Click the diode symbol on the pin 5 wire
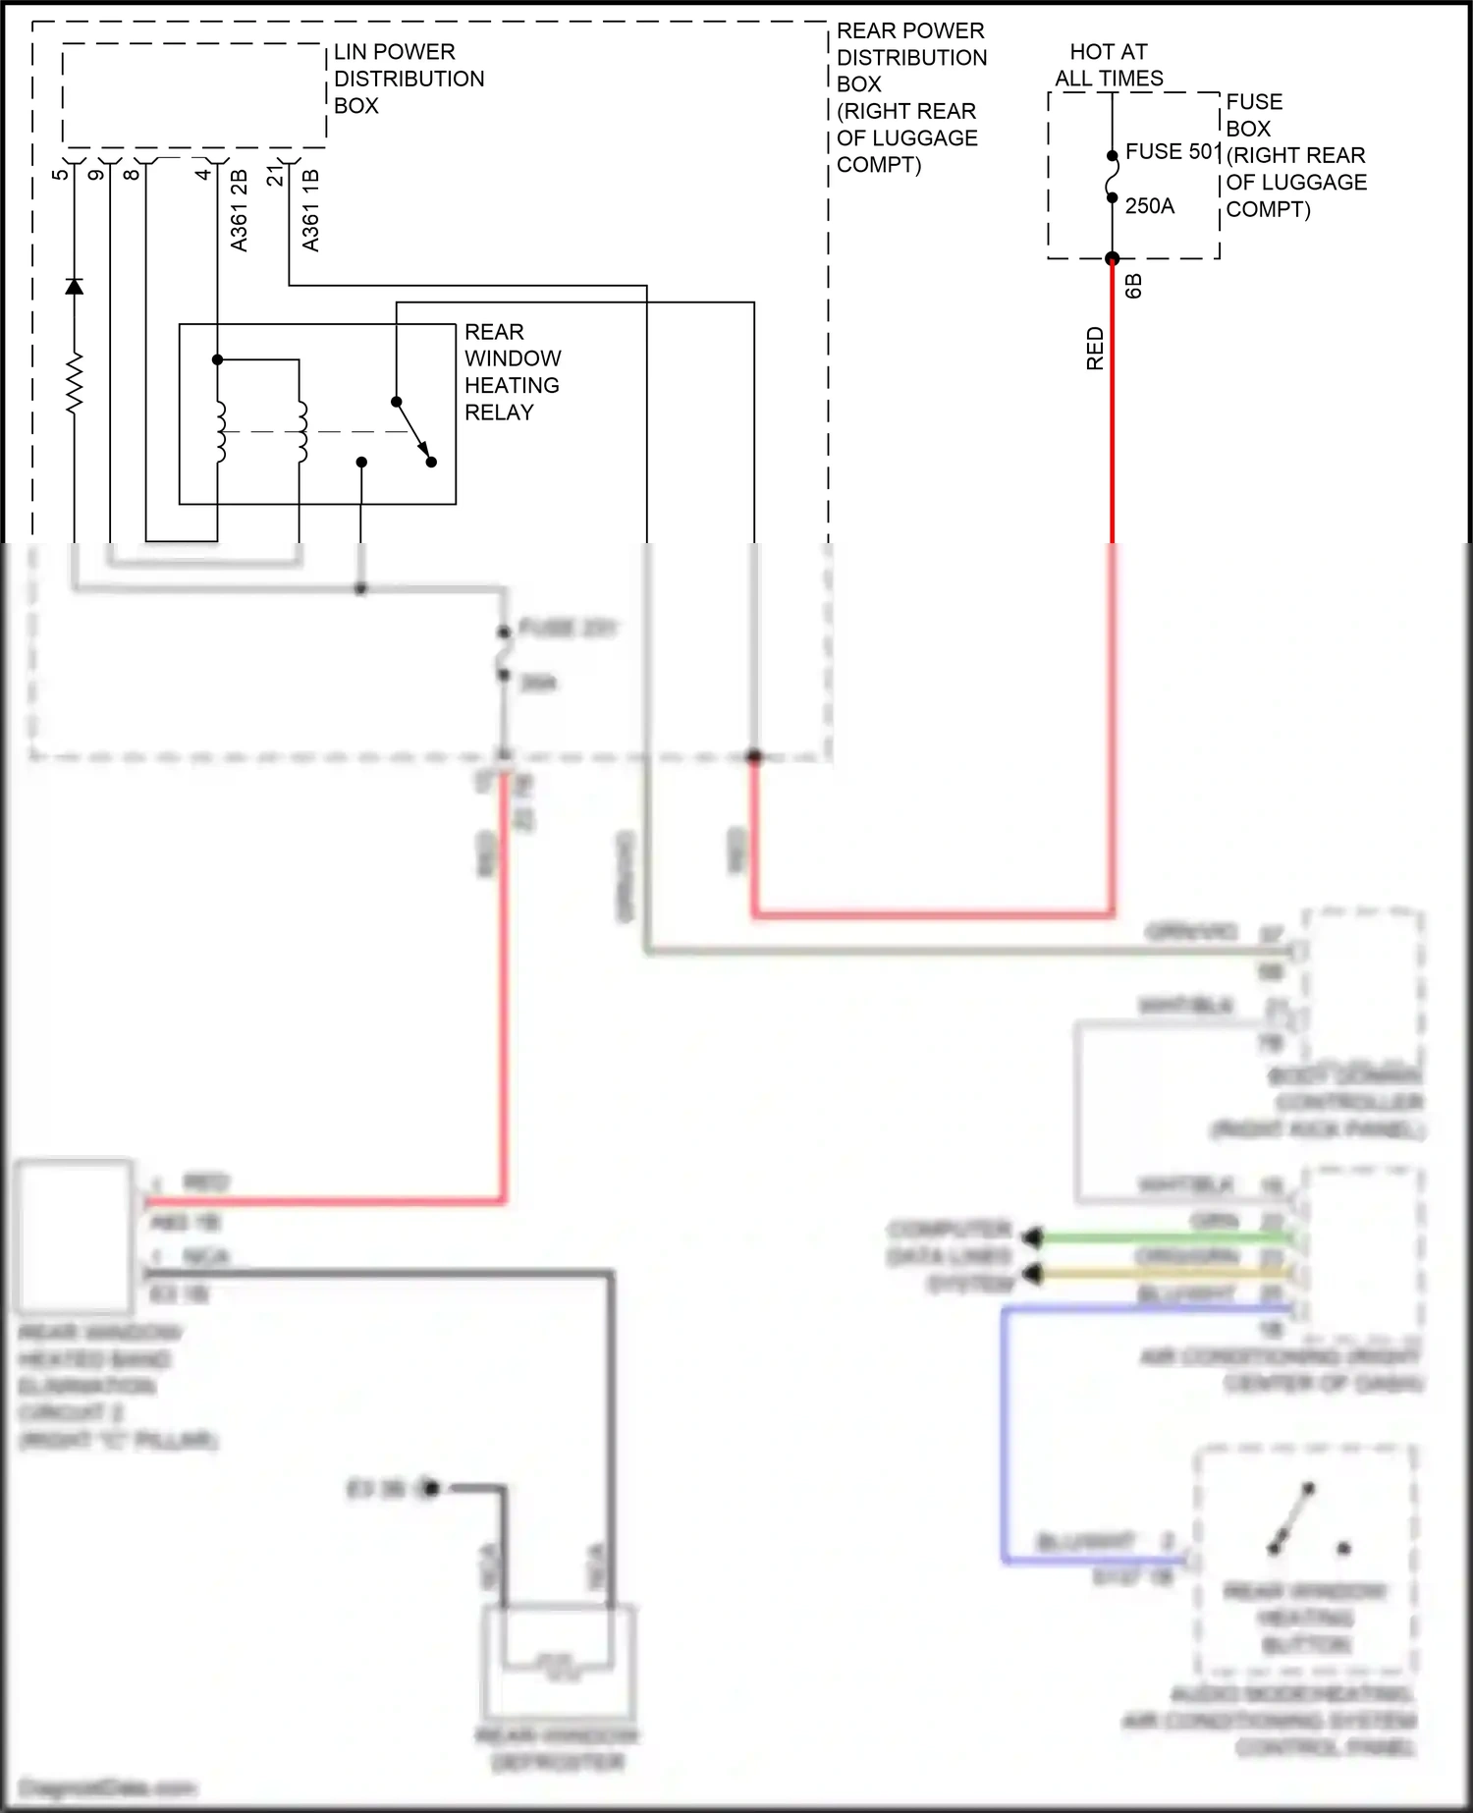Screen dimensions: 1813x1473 pos(74,287)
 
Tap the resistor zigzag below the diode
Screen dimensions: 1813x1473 pos(74,383)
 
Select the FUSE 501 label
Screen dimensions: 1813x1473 pos(1173,152)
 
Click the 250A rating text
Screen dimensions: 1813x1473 pos(1149,206)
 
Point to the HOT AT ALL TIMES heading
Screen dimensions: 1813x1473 pos(1109,65)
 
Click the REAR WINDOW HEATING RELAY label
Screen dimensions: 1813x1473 pos(512,372)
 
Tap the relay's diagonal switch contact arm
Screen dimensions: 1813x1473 pos(412,430)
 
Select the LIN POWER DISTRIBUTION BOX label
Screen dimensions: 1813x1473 pos(409,79)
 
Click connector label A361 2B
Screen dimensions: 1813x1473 pos(239,210)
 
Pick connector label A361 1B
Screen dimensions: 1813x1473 pos(310,210)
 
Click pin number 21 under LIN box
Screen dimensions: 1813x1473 pos(275,175)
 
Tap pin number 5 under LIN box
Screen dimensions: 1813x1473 pos(60,174)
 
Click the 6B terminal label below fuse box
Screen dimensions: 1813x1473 pos(1133,286)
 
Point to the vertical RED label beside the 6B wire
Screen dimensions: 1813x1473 pos(1095,349)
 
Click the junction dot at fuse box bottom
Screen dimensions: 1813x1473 pos(1112,259)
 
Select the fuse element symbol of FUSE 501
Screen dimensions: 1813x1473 pos(1112,178)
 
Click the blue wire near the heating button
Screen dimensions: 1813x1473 pos(1005,1434)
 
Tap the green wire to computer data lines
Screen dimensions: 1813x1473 pos(1159,1238)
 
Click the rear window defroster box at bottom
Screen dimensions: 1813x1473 pos(557,1660)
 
